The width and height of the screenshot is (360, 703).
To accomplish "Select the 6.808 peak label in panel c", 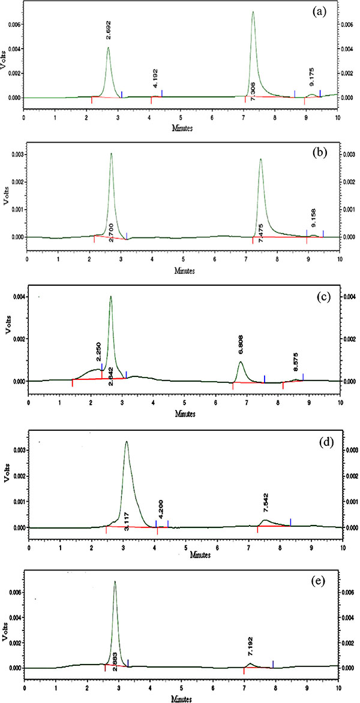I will point(241,347).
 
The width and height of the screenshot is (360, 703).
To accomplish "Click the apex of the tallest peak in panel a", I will point(253,12).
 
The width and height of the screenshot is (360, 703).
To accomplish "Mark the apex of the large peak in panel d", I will point(126,442).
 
